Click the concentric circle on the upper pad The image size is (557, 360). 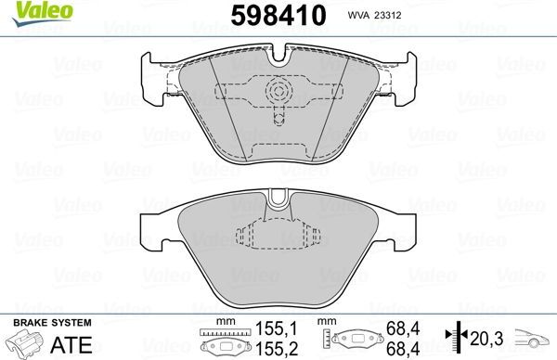click(x=278, y=91)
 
